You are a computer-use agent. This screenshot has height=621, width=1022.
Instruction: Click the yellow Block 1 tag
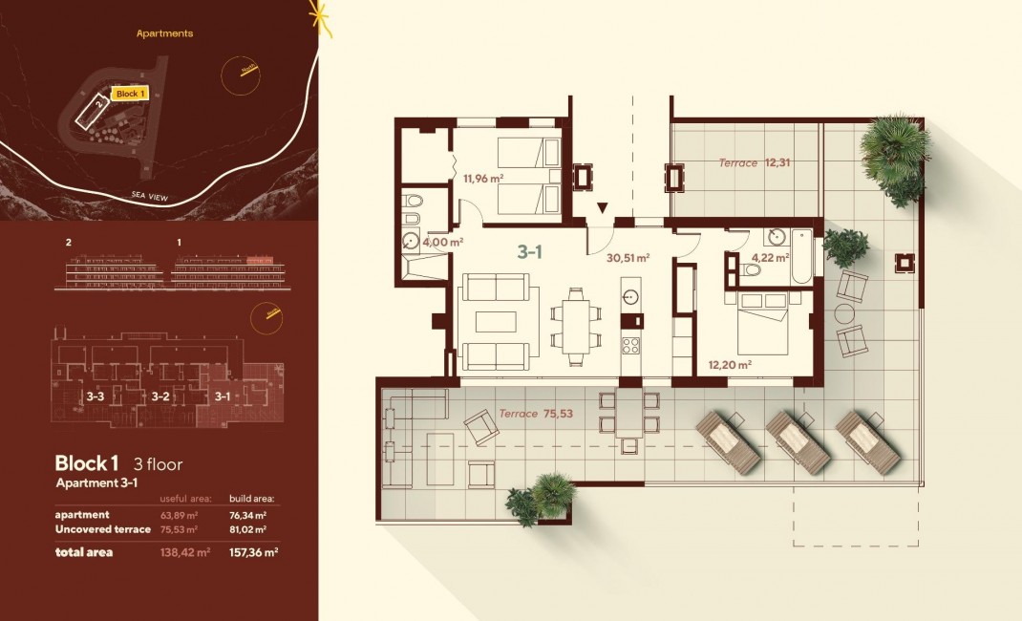pyautogui.click(x=130, y=94)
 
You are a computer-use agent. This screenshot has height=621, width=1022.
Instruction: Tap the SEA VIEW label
pyautogui.click(x=150, y=196)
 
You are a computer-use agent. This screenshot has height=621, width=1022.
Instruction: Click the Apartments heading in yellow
pyautogui.click(x=164, y=33)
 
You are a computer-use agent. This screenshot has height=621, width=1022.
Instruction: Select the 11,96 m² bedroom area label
pyautogui.click(x=483, y=178)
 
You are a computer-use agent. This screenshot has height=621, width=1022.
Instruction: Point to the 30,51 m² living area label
pyautogui.click(x=628, y=257)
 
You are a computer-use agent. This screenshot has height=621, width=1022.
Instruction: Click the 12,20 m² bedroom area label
pyautogui.click(x=730, y=364)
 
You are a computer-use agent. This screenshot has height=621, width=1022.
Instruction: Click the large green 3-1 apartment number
pyautogui.click(x=531, y=252)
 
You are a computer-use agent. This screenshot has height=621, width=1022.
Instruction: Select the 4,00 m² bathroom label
pyautogui.click(x=443, y=242)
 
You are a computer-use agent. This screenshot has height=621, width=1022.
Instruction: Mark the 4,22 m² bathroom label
pyautogui.click(x=770, y=257)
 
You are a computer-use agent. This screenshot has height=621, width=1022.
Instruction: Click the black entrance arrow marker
pyautogui.click(x=603, y=208)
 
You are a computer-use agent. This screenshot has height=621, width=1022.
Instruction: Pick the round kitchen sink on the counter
pyautogui.click(x=629, y=296)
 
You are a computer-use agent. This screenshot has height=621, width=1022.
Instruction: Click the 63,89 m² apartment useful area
pyautogui.click(x=179, y=515)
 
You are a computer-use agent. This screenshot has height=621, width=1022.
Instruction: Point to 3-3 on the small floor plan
pyautogui.click(x=95, y=396)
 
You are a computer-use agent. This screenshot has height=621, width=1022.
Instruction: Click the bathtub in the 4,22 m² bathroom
pyautogui.click(x=800, y=256)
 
